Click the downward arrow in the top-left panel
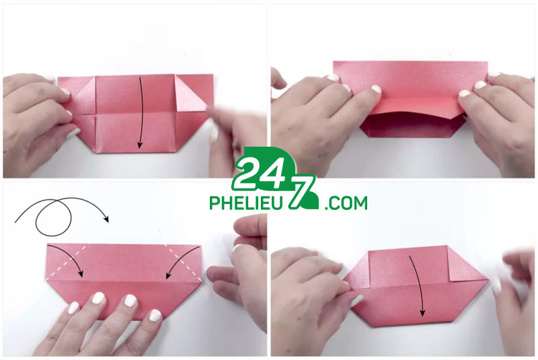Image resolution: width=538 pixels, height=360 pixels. coord(141,113)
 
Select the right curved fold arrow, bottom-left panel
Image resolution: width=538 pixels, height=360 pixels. coord(178,259)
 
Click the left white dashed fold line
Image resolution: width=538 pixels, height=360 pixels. coord(68,261)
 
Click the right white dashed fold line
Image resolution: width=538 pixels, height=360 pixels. coord(182,261)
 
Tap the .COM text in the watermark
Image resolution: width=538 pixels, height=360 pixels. coord(345,203)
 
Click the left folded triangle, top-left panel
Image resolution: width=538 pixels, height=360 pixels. coord(85,92)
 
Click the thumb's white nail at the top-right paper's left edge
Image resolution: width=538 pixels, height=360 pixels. coord(333,77)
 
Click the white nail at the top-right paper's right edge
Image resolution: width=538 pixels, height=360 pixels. coord(479,85)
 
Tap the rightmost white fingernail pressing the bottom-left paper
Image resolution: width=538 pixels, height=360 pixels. coord(155,315)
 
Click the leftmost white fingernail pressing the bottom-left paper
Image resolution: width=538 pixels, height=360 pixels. coord(73,308)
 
